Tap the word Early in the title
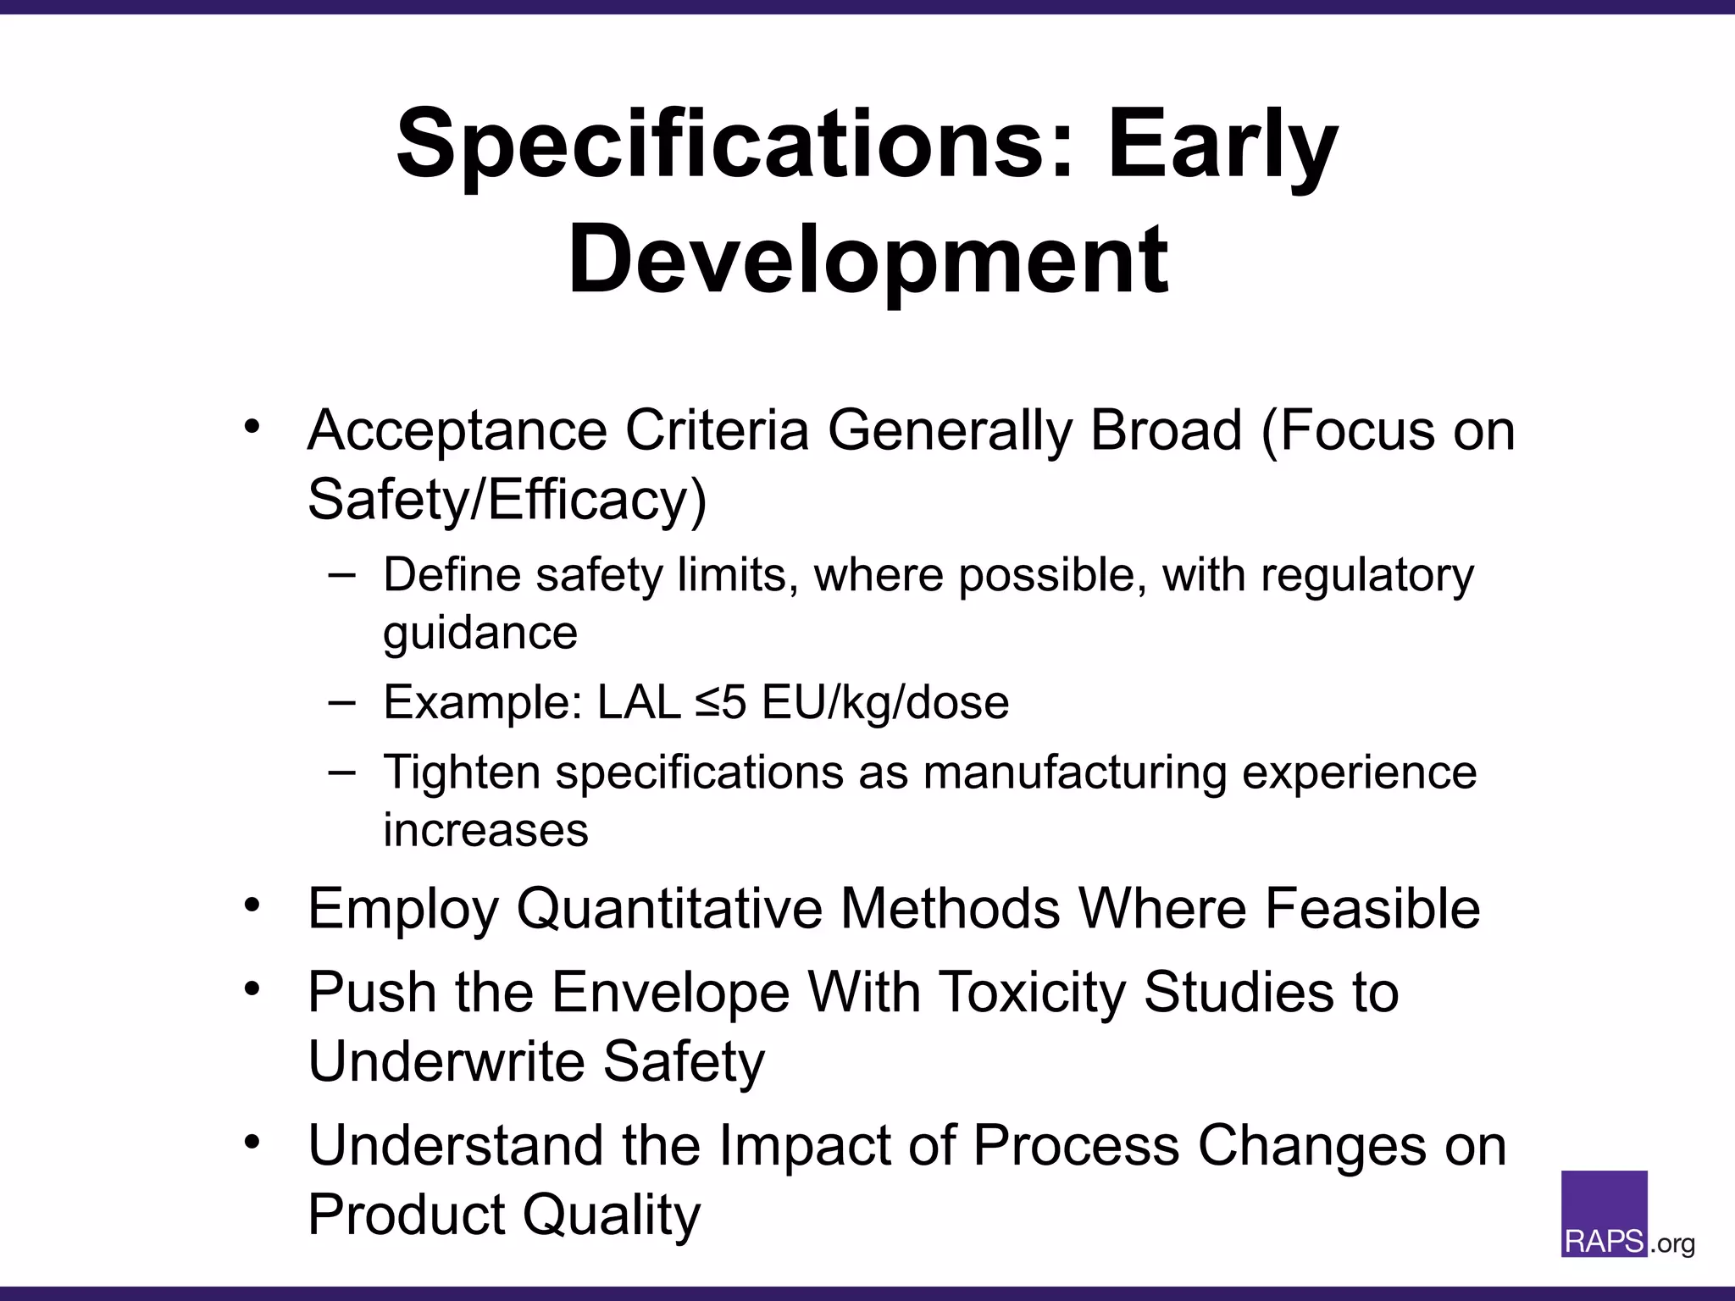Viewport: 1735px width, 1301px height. [x=1222, y=146]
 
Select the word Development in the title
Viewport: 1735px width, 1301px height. [x=867, y=259]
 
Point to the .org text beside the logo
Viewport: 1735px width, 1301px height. [x=1672, y=1244]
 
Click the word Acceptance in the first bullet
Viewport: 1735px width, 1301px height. [x=457, y=432]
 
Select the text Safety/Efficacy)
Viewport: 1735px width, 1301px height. [x=507, y=501]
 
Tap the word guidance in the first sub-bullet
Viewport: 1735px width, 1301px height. [x=479, y=634]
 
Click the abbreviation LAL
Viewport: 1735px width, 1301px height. [x=639, y=702]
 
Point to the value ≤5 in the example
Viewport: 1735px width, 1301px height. [x=720, y=702]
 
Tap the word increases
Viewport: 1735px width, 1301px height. [x=485, y=830]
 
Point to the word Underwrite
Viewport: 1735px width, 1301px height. [x=446, y=1061]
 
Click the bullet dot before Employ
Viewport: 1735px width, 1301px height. [x=252, y=905]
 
